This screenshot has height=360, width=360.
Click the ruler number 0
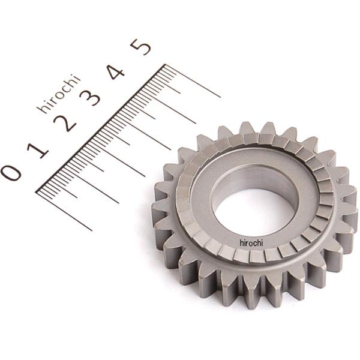11,173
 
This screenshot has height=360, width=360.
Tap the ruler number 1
38,150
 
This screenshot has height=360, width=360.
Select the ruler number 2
65,123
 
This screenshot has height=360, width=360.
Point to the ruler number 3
90,97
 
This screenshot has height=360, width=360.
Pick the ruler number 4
116,71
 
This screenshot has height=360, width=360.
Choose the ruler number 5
140,47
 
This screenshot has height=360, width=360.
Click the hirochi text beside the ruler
59,94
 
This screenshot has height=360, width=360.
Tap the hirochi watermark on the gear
251,243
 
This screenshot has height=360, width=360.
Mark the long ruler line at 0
64,211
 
